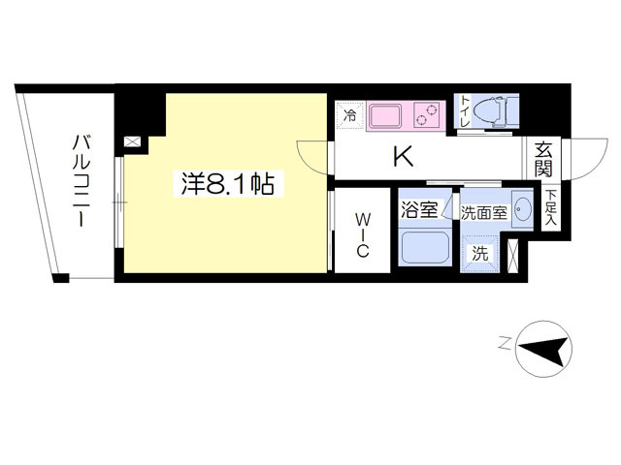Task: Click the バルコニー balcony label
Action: pyautogui.click(x=81, y=181)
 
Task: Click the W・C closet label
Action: pyautogui.click(x=360, y=235)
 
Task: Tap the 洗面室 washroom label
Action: pyautogui.click(x=482, y=212)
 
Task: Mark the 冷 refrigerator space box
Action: pyautogui.click(x=350, y=113)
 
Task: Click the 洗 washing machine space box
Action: pyautogui.click(x=480, y=253)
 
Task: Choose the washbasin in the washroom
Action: pyautogui.click(x=522, y=209)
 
